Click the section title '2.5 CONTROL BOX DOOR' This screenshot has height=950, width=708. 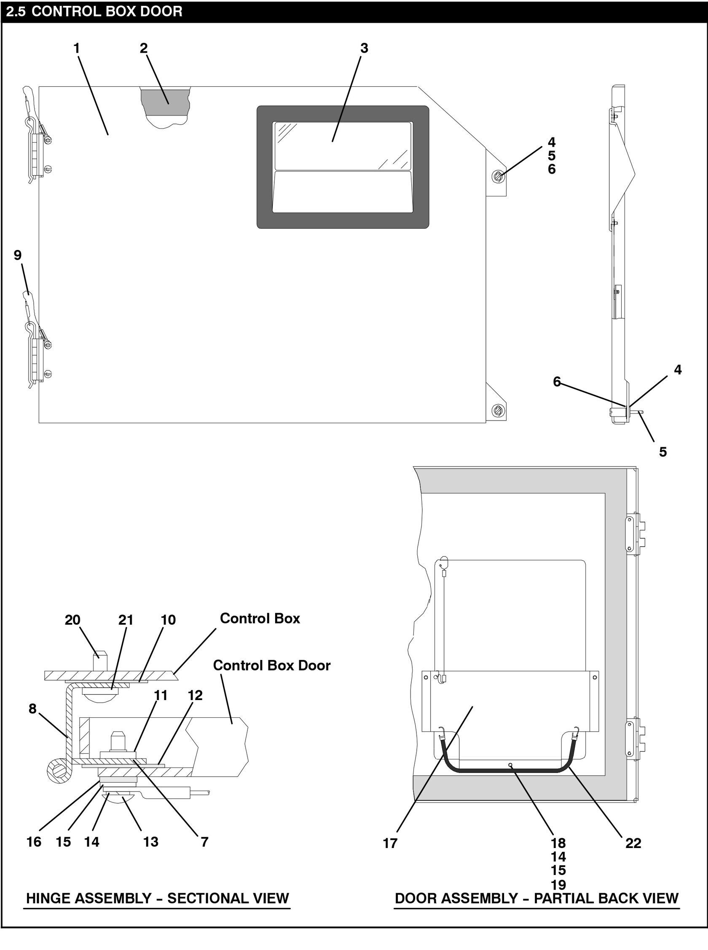click(94, 11)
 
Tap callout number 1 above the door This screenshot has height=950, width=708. click(77, 48)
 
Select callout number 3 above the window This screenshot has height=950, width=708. click(364, 48)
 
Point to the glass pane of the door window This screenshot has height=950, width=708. click(343, 146)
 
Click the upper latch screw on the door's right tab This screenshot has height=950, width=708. click(498, 176)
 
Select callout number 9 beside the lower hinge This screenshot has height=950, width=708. click(18, 255)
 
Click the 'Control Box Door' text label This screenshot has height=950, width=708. click(272, 665)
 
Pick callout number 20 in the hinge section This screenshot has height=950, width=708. click(72, 620)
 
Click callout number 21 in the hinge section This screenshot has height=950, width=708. click(126, 620)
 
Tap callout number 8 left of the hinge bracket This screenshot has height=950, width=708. click(32, 709)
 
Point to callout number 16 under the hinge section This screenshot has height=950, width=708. click(34, 842)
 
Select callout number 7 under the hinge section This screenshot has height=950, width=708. click(205, 842)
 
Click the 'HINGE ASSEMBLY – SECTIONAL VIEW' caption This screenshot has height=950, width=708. click(157, 898)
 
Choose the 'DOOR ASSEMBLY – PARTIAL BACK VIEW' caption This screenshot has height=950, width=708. click(536, 898)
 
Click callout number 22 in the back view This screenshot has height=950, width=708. click(633, 843)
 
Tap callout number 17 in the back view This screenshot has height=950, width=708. click(390, 843)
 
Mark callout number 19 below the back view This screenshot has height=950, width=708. click(558, 884)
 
